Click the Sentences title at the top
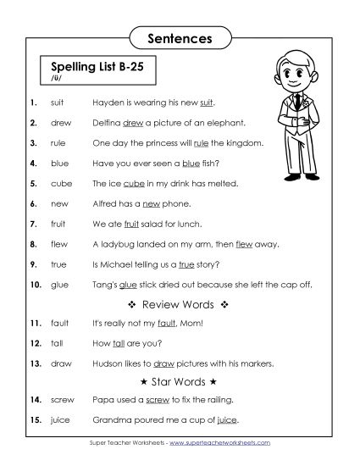tap(180, 38)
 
